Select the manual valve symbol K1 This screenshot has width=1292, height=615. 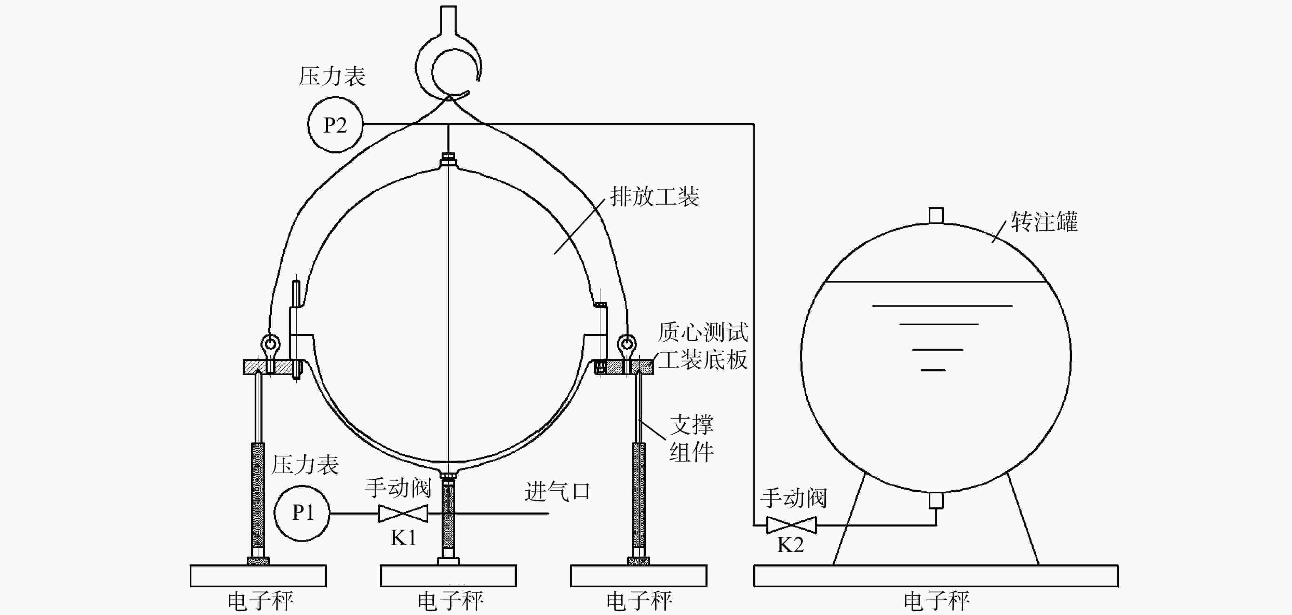pos(403,513)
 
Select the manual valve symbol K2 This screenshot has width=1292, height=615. pos(792,525)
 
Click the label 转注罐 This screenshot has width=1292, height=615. pos(1044,221)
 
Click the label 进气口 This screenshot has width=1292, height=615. pos(557,491)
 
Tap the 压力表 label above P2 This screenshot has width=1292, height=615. pos(332,76)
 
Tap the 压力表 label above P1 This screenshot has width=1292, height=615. pos(305,465)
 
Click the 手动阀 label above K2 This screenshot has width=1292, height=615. pos(793,498)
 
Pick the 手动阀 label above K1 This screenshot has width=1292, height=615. pos(398,487)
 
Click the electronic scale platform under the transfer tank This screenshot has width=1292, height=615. pos(936,575)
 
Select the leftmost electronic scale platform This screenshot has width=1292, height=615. pos(258,575)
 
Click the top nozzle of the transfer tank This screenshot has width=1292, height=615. pos(936,216)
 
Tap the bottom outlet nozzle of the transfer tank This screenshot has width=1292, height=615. pos(936,500)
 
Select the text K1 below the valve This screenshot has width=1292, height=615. pos(404,538)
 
